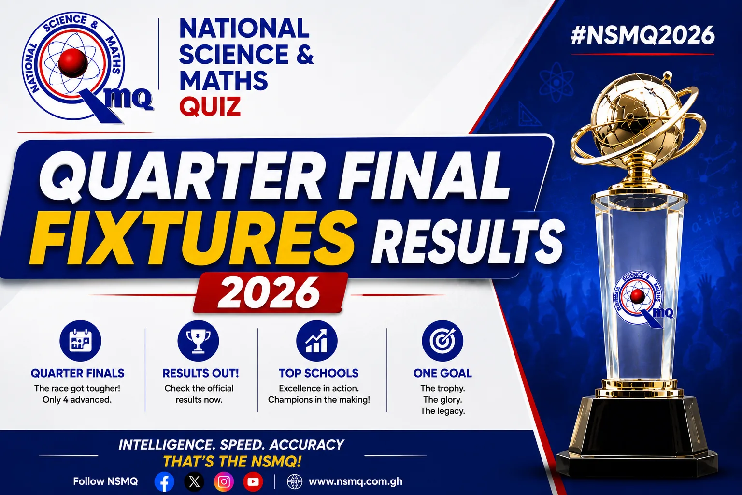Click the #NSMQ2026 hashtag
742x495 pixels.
pyautogui.click(x=642, y=35)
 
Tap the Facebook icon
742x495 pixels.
pyautogui.click(x=164, y=481)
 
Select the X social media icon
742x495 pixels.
pyautogui.click(x=194, y=481)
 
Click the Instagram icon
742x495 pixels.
pyautogui.click(x=224, y=481)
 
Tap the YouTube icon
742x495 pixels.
pyautogui.click(x=253, y=481)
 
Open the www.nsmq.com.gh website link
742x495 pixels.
pyautogui.click(x=356, y=481)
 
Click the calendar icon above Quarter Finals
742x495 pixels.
pyautogui.click(x=80, y=341)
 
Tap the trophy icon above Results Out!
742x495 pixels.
pyautogui.click(x=198, y=341)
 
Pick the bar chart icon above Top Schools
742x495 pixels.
pyautogui.click(x=317, y=341)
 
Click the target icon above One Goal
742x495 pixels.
pyautogui.click(x=442, y=341)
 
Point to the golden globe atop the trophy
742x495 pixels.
pyautogui.click(x=638, y=119)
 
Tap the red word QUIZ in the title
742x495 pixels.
pyautogui.click(x=210, y=106)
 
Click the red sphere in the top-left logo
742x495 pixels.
pyautogui.click(x=73, y=63)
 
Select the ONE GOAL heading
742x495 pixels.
pyautogui.click(x=442, y=373)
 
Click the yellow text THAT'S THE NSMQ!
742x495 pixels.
pyautogui.click(x=232, y=462)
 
